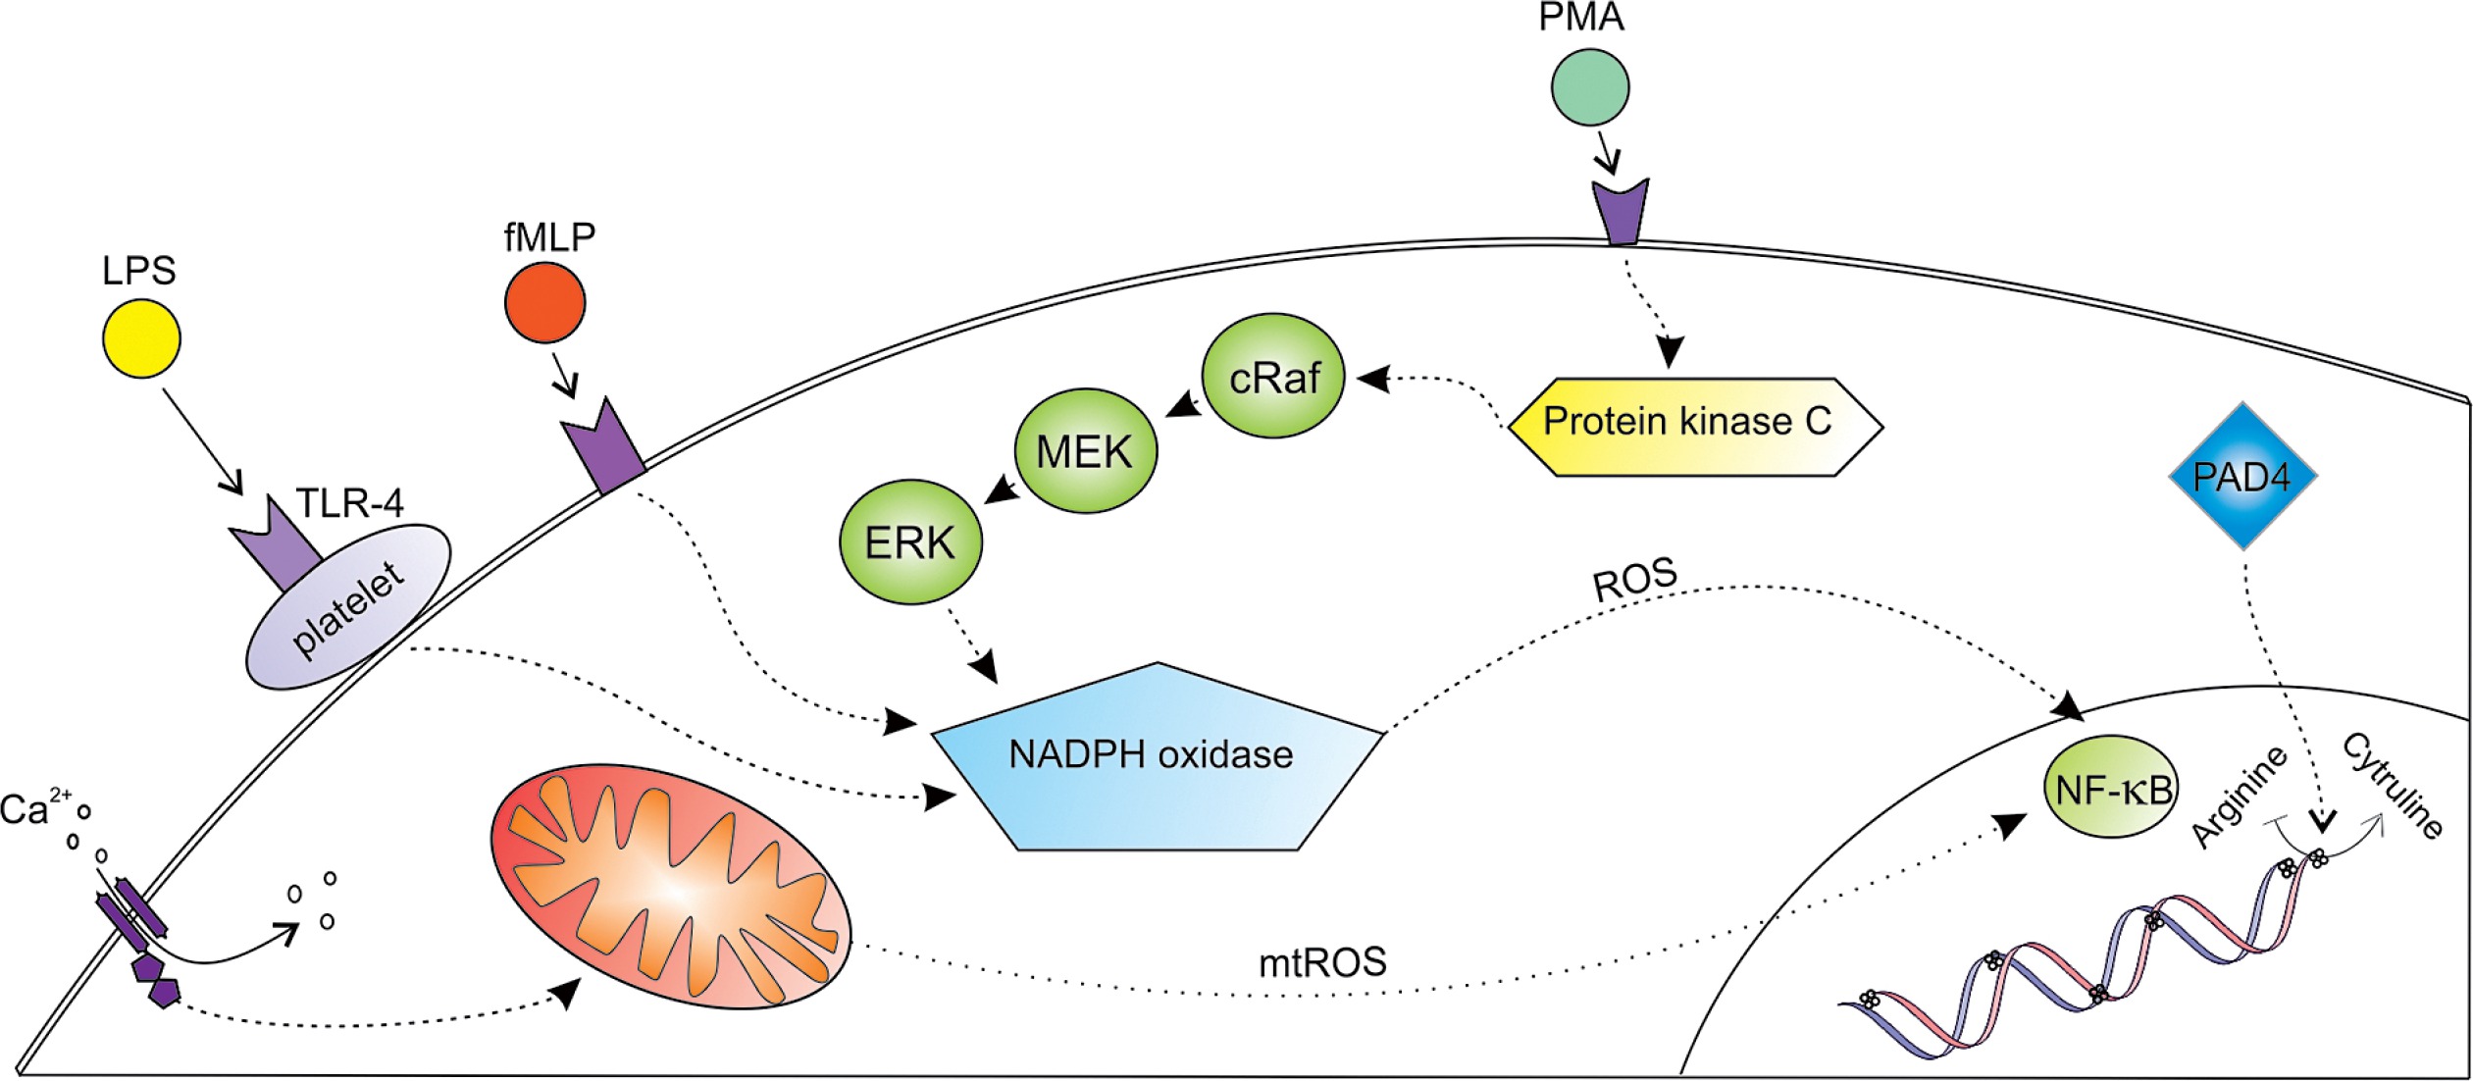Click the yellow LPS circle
[x=141, y=338]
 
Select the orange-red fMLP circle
[x=544, y=302]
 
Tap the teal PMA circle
[x=1589, y=87]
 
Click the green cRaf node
[x=1273, y=376]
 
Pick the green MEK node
[x=1085, y=451]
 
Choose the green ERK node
[x=910, y=541]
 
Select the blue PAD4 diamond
[x=2241, y=476]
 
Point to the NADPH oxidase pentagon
[x=1153, y=760]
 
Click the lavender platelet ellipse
[x=347, y=608]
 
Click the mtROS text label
[x=1322, y=963]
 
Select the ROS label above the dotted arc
[x=1634, y=581]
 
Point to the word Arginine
[x=2240, y=796]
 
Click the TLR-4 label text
[x=349, y=503]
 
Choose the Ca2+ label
[x=35, y=808]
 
